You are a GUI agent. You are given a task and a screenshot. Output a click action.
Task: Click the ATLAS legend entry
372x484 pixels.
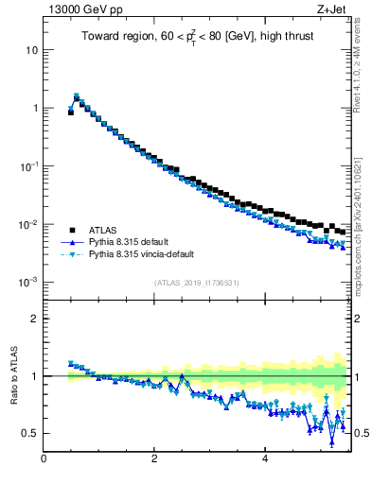(103, 230)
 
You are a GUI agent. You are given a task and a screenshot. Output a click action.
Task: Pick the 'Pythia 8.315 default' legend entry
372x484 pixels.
(133, 242)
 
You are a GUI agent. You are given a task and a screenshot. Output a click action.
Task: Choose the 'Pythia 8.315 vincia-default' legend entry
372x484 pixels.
(147, 255)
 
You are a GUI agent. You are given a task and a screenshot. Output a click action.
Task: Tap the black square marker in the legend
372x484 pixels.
(71, 230)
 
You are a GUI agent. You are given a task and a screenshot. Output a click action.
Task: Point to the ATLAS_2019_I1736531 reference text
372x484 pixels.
(195, 283)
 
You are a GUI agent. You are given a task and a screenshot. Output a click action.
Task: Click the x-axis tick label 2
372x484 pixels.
(154, 459)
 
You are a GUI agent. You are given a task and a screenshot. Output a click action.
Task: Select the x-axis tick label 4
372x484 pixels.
(264, 459)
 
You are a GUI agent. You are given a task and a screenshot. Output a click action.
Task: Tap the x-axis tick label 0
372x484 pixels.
(44, 459)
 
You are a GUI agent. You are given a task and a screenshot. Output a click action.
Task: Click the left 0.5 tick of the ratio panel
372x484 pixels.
(32, 433)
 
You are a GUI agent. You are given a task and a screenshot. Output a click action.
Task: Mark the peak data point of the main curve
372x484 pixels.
(77, 96)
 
